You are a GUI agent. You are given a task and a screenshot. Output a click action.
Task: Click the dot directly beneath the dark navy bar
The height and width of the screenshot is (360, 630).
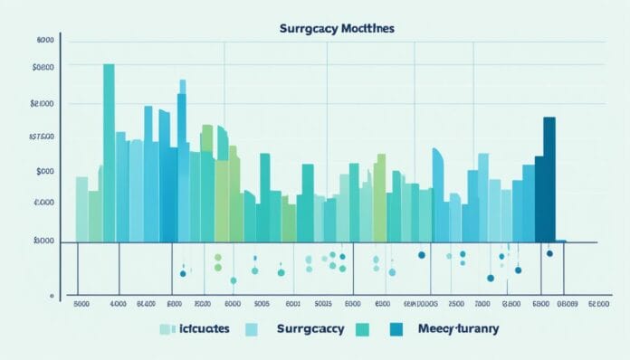tap(549, 254)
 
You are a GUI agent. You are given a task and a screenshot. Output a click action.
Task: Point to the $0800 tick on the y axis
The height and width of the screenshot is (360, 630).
tap(43, 68)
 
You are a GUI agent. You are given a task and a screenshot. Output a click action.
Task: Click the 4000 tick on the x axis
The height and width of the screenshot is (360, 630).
tap(119, 305)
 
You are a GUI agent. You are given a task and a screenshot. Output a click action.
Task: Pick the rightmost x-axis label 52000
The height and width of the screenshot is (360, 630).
tap(598, 305)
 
